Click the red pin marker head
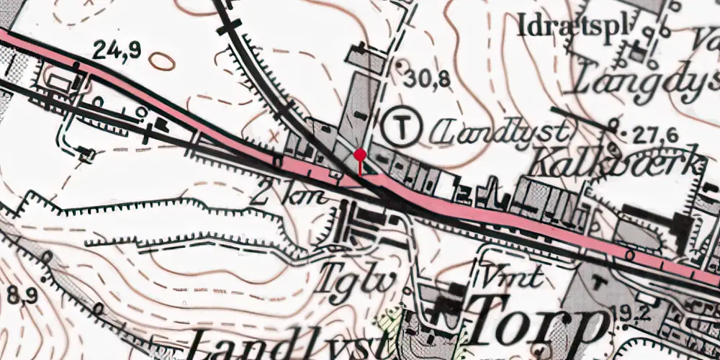pyautogui.click(x=360, y=154)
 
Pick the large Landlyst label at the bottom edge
pyautogui.click(x=259, y=346)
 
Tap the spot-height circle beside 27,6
pyautogui.click(x=613, y=124)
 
